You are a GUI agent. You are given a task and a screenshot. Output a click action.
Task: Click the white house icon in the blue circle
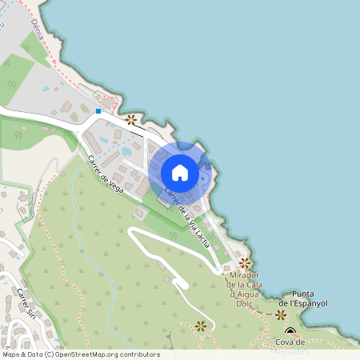pos(180,172)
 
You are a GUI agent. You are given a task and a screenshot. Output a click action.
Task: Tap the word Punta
pos(306,294)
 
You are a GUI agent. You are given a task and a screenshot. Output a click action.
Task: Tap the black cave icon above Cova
pos(290,333)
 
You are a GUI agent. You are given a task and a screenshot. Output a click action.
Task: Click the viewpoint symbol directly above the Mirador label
pos(245,262)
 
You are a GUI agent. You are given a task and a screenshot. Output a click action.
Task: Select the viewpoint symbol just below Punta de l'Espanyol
pos(281,315)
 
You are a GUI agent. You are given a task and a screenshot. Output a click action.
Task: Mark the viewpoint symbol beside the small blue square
pos(130,119)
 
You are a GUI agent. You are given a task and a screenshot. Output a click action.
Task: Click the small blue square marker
pos(98,110)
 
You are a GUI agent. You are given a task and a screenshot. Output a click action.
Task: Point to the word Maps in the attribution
pos(11,354)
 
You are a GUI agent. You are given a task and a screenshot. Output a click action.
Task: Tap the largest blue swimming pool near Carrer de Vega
pos(126,150)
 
